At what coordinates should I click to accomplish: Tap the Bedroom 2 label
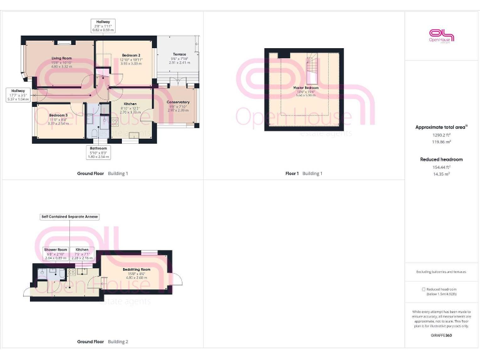(131, 56)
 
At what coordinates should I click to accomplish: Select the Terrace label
(179, 54)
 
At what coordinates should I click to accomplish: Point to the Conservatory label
(178, 102)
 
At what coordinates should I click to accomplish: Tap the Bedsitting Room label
(136, 269)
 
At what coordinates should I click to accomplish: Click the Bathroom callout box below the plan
(99, 151)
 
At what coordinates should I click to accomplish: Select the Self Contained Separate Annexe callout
(69, 217)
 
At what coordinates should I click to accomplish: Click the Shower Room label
(55, 249)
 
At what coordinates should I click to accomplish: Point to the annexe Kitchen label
(82, 249)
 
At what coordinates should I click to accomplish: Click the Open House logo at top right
(441, 36)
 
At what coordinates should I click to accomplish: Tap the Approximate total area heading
(441, 127)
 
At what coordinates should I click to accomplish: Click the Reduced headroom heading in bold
(441, 159)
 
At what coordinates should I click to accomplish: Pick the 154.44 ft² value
(441, 167)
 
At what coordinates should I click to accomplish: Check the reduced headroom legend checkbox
(424, 289)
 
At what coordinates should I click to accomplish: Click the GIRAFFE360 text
(441, 336)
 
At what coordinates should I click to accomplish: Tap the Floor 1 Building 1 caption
(304, 173)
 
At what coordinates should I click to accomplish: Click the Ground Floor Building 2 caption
(102, 342)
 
